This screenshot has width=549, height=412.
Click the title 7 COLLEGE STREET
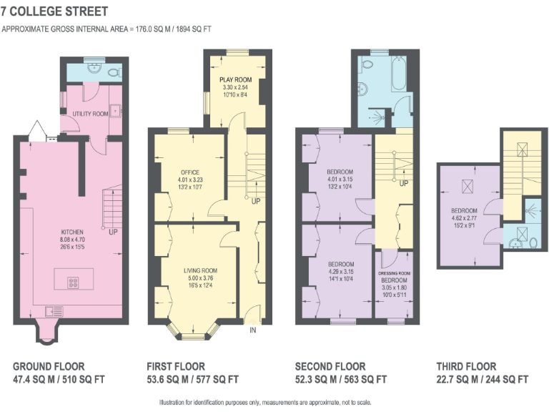click(54, 11)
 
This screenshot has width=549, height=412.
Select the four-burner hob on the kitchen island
click(74, 282)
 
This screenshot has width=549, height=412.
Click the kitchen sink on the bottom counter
click(54, 310)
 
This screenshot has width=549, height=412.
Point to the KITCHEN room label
click(73, 232)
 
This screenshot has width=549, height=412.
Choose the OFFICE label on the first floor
click(189, 172)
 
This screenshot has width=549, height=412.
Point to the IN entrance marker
click(252, 330)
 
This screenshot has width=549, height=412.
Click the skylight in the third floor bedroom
click(469, 187)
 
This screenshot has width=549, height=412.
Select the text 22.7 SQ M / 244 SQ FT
click(483, 379)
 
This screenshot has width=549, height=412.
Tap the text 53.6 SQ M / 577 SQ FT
click(192, 379)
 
